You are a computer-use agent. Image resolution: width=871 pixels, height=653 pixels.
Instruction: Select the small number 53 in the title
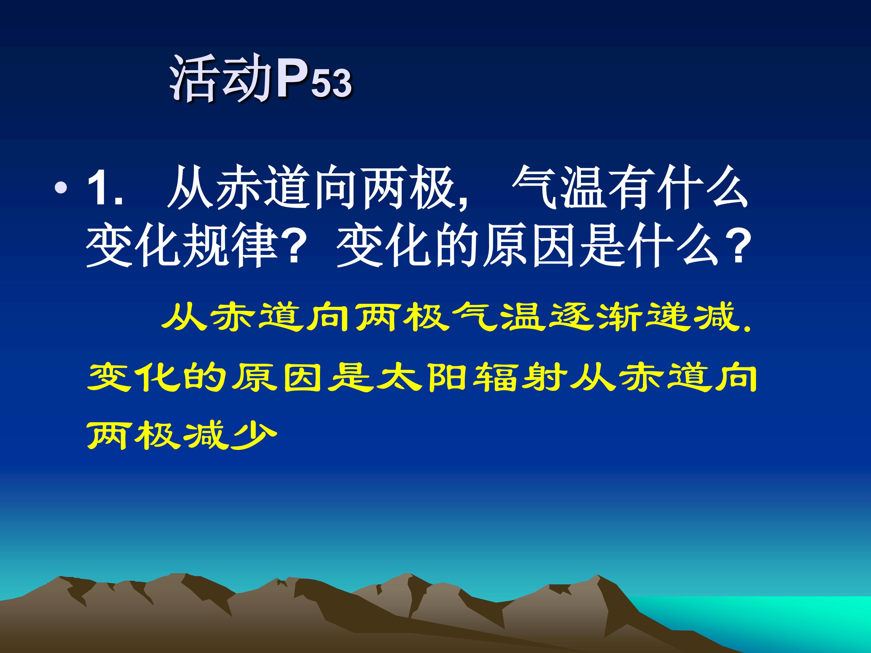[x=331, y=83]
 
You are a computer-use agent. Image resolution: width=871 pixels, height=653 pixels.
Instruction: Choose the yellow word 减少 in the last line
[x=230, y=435]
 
